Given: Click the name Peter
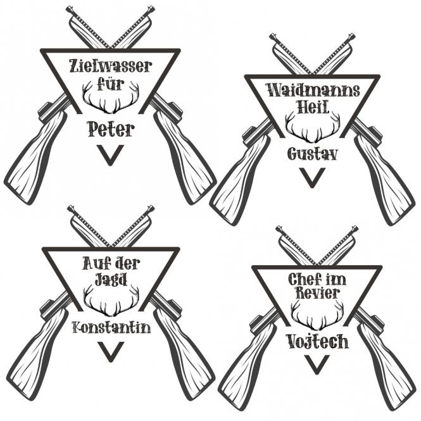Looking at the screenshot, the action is point(111,129).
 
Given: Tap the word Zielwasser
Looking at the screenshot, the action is point(111,66).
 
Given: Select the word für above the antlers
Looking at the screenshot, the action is point(111,84).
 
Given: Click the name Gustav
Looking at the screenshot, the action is point(312,154).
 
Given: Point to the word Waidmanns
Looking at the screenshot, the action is point(313,90).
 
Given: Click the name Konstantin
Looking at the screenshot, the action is point(111,327).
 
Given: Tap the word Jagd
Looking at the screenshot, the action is point(111,279).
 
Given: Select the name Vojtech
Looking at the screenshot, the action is point(317,341).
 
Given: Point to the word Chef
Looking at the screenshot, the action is point(302,279).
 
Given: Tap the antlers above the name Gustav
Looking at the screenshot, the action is point(313,129).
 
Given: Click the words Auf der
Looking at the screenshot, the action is point(111,263).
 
